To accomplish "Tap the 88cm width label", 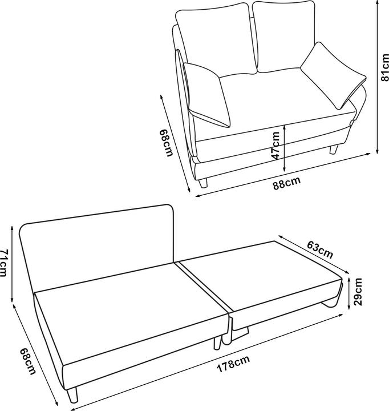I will pos(286,184).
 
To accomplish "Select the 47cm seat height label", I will pos(275,145).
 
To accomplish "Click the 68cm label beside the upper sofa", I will pos(166,145).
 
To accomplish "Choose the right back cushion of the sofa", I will pos(283,35).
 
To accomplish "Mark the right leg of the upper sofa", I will pos(334,150).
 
